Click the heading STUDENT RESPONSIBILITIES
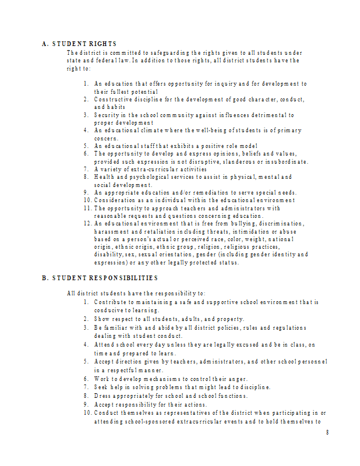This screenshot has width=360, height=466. [105, 278]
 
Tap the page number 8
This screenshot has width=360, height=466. [327, 432]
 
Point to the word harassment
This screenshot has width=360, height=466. [112, 231]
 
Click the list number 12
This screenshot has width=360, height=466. [86, 224]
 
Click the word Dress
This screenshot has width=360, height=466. [103, 396]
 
